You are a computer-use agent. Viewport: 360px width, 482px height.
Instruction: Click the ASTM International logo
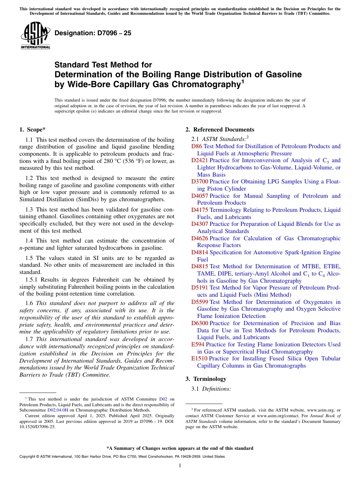pos(35,36)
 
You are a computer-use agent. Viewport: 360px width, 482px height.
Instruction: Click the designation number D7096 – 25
pos(93,33)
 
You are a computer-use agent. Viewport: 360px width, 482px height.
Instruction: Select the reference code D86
pos(197,146)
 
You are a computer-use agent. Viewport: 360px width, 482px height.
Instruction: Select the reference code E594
pos(198,344)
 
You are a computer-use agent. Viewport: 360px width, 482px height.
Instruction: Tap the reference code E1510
pos(199,358)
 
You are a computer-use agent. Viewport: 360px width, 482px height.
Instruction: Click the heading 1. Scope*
pos(33,130)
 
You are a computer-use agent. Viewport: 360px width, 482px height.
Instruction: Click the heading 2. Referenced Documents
pos(220,130)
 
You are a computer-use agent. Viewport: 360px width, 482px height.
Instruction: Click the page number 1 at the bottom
pos(180,465)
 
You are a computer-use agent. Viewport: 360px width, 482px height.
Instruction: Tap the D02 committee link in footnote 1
pos(163,399)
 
